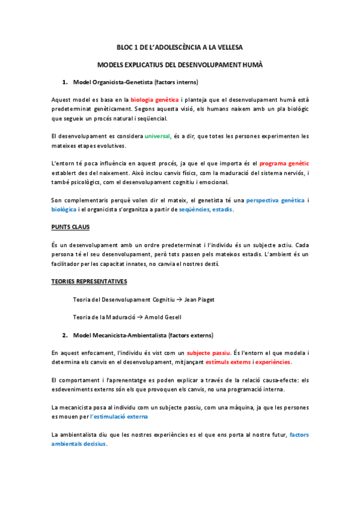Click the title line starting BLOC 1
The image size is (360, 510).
[x=180, y=47]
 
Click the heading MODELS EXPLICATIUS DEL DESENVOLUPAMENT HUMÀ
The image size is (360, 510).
[x=180, y=64]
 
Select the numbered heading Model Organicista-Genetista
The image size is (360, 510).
[x=136, y=82]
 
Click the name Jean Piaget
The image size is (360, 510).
[x=199, y=299]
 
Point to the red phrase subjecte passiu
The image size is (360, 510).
[x=208, y=352]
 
